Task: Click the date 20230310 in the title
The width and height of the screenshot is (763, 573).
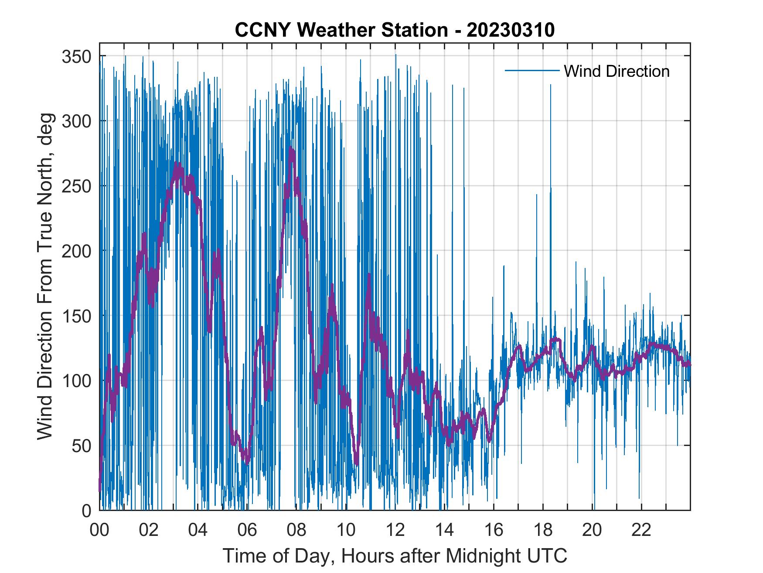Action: pyautogui.click(x=511, y=30)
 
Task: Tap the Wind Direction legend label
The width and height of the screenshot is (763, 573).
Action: pyautogui.click(x=617, y=71)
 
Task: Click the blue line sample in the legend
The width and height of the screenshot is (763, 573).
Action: pyautogui.click(x=531, y=71)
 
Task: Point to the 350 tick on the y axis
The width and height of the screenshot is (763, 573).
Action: pyautogui.click(x=76, y=56)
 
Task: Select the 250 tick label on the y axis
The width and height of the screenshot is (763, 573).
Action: pyautogui.click(x=76, y=186)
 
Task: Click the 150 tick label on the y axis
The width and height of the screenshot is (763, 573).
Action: pyautogui.click(x=76, y=316)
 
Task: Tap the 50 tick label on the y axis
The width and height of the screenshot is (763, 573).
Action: pyautogui.click(x=81, y=446)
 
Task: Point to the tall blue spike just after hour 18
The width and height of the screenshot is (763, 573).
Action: pyautogui.click(x=551, y=85)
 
